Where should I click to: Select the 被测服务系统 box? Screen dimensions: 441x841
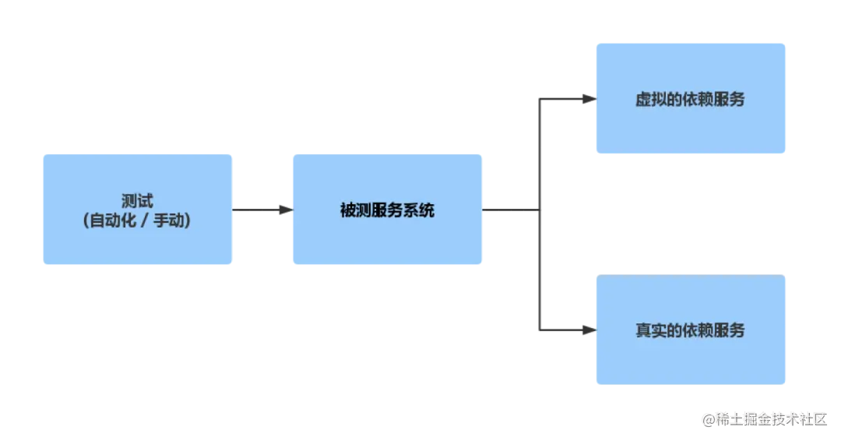click(x=386, y=242)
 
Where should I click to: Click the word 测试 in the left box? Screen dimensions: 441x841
click(x=137, y=201)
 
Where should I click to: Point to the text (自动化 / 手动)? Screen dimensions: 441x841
click(x=137, y=221)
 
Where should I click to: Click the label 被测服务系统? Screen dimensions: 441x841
click(x=387, y=210)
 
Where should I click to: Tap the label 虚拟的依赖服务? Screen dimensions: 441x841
click(x=690, y=99)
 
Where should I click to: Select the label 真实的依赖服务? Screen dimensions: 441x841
click(x=690, y=330)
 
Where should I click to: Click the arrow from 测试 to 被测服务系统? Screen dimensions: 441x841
click(x=257, y=209)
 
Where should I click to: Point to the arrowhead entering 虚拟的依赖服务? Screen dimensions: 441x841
click(x=589, y=99)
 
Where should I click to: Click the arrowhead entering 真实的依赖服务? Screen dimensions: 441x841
click(x=589, y=330)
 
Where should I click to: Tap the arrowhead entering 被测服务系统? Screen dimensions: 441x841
click(x=284, y=209)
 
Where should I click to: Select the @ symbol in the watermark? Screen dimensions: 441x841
click(x=708, y=418)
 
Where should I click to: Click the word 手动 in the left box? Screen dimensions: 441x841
click(x=169, y=221)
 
